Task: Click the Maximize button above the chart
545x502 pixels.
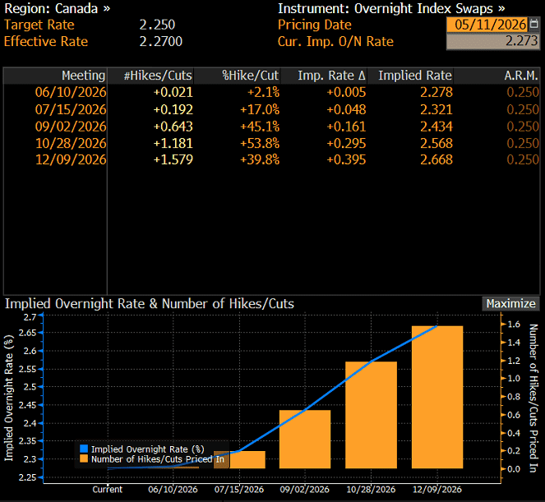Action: [x=510, y=304]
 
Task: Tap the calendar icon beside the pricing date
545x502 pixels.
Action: [x=533, y=25]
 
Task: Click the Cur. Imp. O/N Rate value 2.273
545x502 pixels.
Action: [x=492, y=41]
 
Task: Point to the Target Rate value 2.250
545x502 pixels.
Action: [x=158, y=25]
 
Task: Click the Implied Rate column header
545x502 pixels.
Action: [x=415, y=76]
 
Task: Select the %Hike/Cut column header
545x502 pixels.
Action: [x=250, y=76]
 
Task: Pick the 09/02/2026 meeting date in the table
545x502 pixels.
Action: [x=71, y=127]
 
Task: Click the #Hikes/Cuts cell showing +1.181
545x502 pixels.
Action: [x=173, y=143]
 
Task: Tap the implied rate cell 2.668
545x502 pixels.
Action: [x=436, y=160]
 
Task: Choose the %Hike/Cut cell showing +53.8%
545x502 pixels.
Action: [x=260, y=143]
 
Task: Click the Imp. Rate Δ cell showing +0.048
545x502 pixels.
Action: [x=346, y=110]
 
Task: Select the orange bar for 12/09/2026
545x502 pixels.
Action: [x=437, y=397]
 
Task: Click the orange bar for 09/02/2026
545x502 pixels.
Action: [x=305, y=439]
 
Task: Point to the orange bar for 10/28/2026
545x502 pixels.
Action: [x=372, y=415]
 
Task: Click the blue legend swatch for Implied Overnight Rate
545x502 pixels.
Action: [x=84, y=449]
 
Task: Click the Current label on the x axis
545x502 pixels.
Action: [x=108, y=490]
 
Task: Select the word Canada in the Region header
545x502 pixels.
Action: [x=76, y=9]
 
